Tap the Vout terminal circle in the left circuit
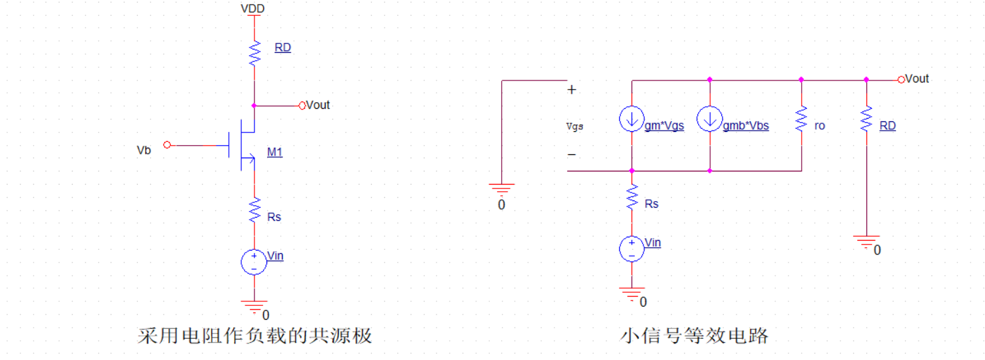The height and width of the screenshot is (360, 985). pyautogui.click(x=303, y=105)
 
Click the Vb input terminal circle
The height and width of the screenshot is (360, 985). pyautogui.click(x=167, y=144)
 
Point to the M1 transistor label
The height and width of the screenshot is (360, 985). pyautogui.click(x=275, y=152)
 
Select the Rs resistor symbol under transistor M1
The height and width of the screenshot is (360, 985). pyautogui.click(x=254, y=211)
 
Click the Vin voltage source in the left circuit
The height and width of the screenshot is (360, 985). pyautogui.click(x=254, y=262)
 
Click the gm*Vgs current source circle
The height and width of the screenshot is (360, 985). pyautogui.click(x=632, y=119)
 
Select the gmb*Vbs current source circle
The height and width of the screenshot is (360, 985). pyautogui.click(x=709, y=119)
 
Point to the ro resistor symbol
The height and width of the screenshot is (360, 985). pyautogui.click(x=801, y=119)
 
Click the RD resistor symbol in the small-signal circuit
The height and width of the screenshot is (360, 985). pyautogui.click(x=866, y=119)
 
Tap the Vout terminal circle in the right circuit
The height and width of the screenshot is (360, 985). pyautogui.click(x=901, y=79)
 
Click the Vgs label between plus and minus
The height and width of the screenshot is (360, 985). pyautogui.click(x=575, y=126)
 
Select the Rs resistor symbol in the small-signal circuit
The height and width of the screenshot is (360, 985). pyautogui.click(x=632, y=197)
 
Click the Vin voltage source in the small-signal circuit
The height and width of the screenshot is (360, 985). pyautogui.click(x=632, y=249)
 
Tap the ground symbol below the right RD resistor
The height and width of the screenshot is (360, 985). pyautogui.click(x=866, y=241)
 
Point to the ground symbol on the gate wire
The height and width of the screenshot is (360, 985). pyautogui.click(x=502, y=191)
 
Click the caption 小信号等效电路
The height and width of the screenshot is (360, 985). pyautogui.click(x=694, y=336)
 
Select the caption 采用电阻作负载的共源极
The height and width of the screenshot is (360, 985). pyautogui.click(x=254, y=336)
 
